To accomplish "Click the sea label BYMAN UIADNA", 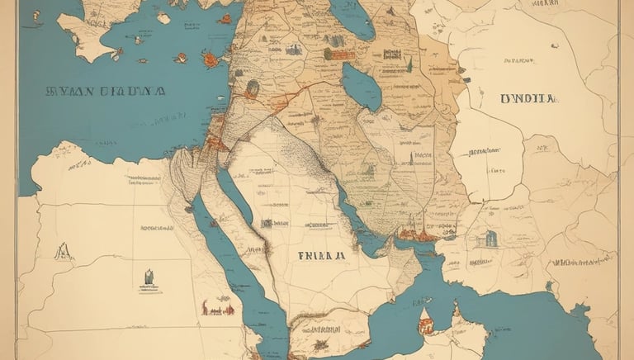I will click(x=106, y=92).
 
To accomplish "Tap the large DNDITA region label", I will click(x=528, y=98).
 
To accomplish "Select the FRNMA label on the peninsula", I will click(x=322, y=256).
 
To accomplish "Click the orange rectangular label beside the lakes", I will click(x=338, y=54).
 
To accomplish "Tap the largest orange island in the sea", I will click(x=211, y=59).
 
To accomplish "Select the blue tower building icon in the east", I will click(x=492, y=239).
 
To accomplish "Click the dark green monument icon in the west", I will click(x=148, y=277).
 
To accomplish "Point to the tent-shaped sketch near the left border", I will click(x=63, y=250).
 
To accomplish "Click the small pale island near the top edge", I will click(x=163, y=17).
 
